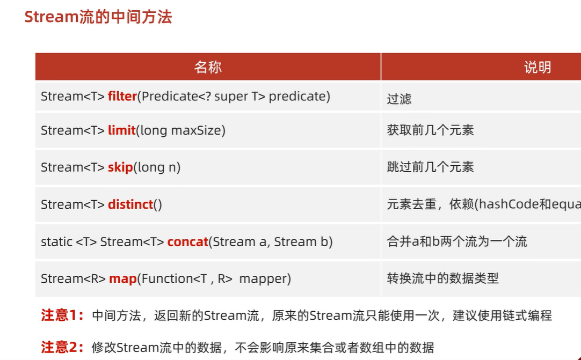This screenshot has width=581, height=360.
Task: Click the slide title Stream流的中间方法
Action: click(98, 17)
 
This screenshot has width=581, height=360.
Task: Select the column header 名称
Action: click(208, 67)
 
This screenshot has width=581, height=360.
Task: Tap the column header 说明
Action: click(537, 67)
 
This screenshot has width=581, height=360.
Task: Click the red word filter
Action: click(122, 97)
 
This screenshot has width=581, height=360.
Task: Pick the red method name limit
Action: click(121, 130)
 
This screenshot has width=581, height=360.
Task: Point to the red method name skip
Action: click(120, 167)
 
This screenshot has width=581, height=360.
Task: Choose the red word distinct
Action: click(130, 204)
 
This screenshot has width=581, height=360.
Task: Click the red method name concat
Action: click(187, 241)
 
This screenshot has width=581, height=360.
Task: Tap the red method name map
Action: click(122, 278)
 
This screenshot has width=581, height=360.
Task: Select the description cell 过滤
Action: click(399, 99)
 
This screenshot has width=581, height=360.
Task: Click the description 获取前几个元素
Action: click(430, 130)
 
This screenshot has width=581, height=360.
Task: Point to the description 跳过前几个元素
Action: click(430, 167)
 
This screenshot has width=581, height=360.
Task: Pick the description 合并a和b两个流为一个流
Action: click(456, 241)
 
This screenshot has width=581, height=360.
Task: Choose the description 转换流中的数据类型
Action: click(442, 278)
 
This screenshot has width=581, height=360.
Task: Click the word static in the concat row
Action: click(56, 241)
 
